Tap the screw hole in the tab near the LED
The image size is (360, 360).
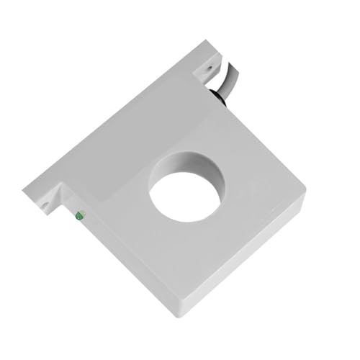point(45,204)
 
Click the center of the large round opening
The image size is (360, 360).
point(185,194)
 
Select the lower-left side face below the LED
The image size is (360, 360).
point(130,266)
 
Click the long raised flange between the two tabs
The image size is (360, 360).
point(115,130)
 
